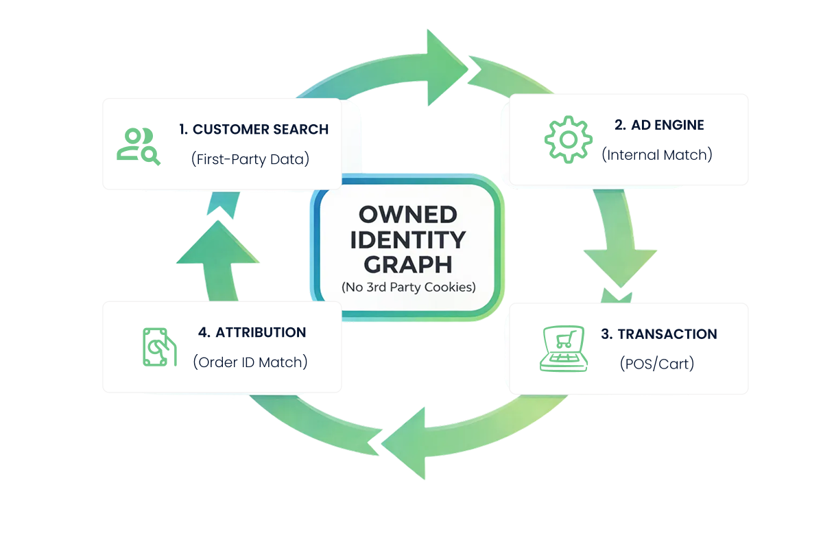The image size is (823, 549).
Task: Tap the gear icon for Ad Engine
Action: click(568, 140)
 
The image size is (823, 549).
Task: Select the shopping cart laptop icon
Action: click(564, 349)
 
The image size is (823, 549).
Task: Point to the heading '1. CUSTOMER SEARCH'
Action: click(254, 129)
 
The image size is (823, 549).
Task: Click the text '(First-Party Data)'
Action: click(250, 159)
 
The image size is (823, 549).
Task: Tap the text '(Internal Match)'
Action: click(657, 155)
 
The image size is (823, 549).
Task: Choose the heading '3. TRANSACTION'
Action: click(658, 334)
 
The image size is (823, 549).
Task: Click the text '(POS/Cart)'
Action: click(657, 364)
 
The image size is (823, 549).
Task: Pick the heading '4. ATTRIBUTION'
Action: click(252, 332)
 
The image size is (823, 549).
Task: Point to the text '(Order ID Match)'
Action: click(250, 362)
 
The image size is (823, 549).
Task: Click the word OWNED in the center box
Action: click(407, 215)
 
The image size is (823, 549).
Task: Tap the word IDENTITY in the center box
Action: click(407, 240)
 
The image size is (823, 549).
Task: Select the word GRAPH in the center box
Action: click(407, 264)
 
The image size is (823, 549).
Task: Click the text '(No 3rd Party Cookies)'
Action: click(408, 288)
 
